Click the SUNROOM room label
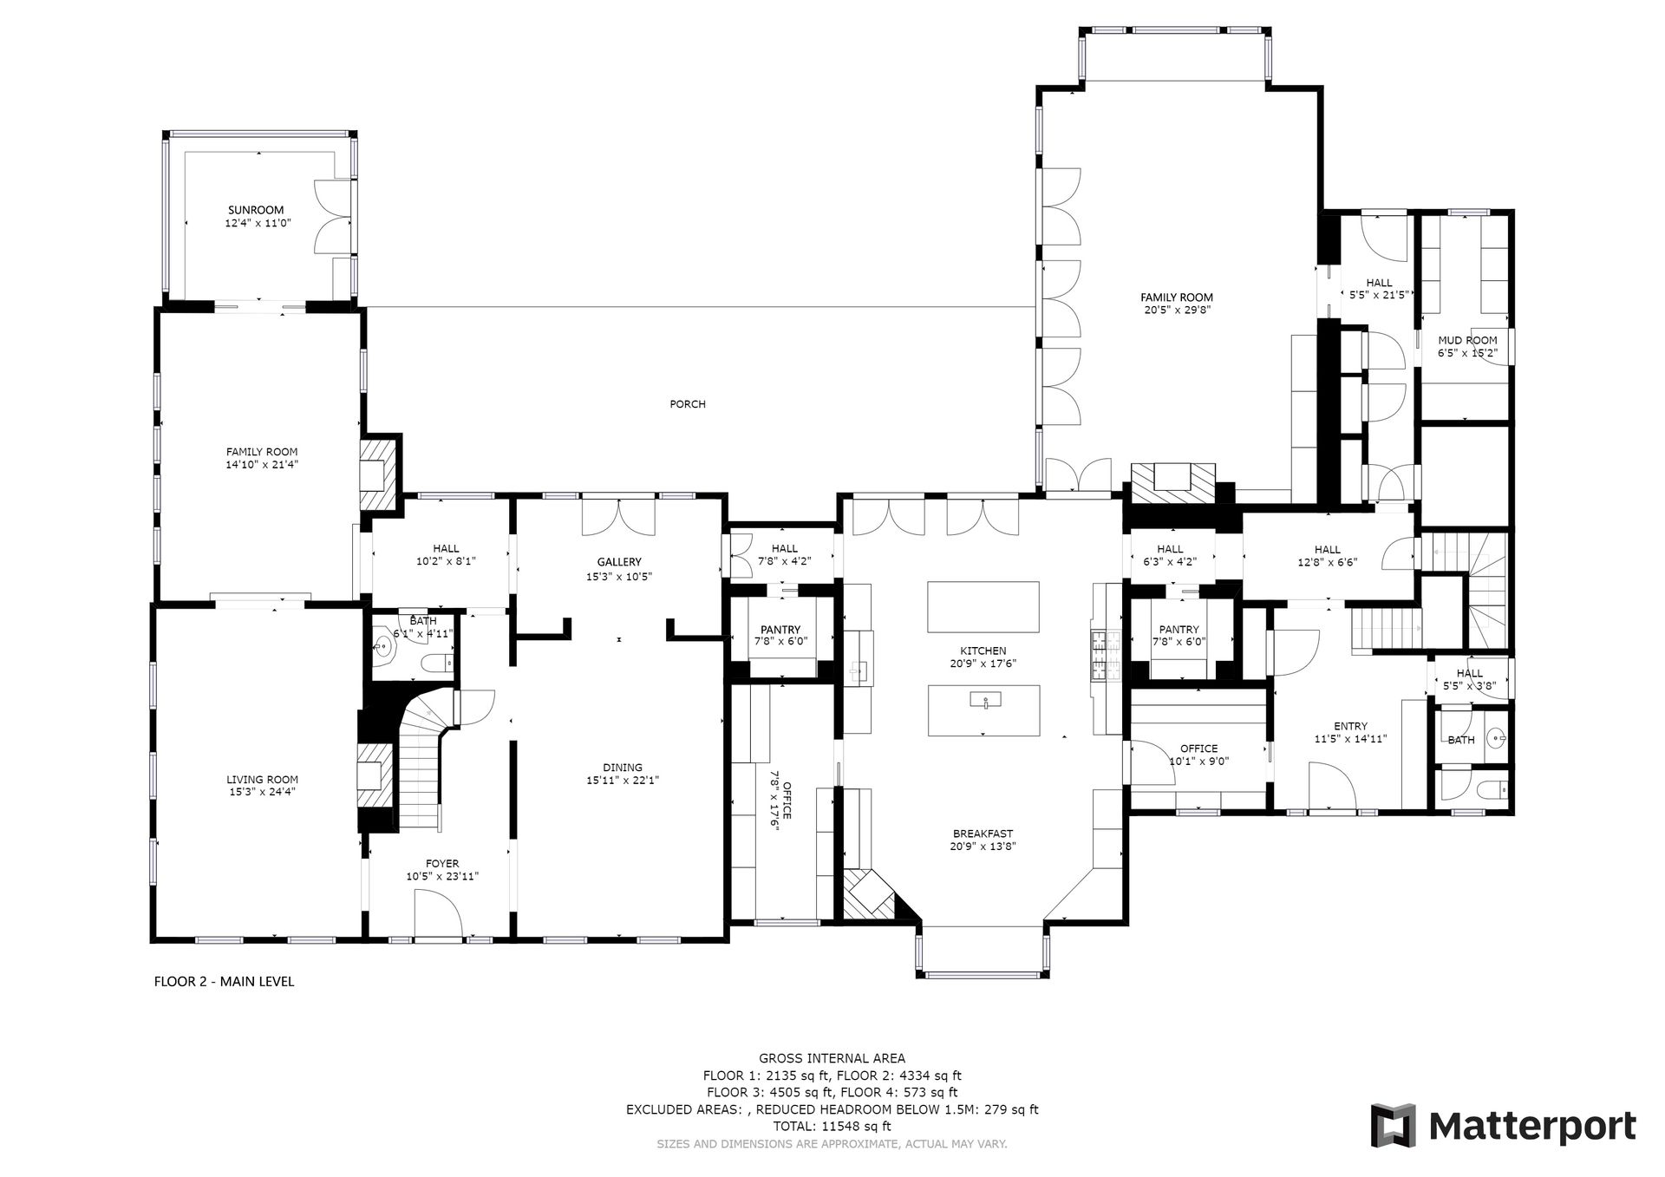[x=256, y=210]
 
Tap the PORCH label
[x=688, y=404]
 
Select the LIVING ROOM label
[x=262, y=780]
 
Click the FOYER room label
[x=442, y=863]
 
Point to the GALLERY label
[x=619, y=562]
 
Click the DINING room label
[x=623, y=767]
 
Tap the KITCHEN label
[x=983, y=651]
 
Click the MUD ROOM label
[x=1467, y=340]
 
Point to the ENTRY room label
[x=1351, y=726]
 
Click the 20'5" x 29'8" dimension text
[x=1177, y=310]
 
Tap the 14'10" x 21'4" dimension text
[x=262, y=464]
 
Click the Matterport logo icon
[x=1393, y=1125]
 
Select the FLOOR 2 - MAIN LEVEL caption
[x=224, y=982]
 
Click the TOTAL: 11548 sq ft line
[x=832, y=1127]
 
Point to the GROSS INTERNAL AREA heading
[x=832, y=1058]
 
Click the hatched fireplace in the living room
[x=375, y=775]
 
